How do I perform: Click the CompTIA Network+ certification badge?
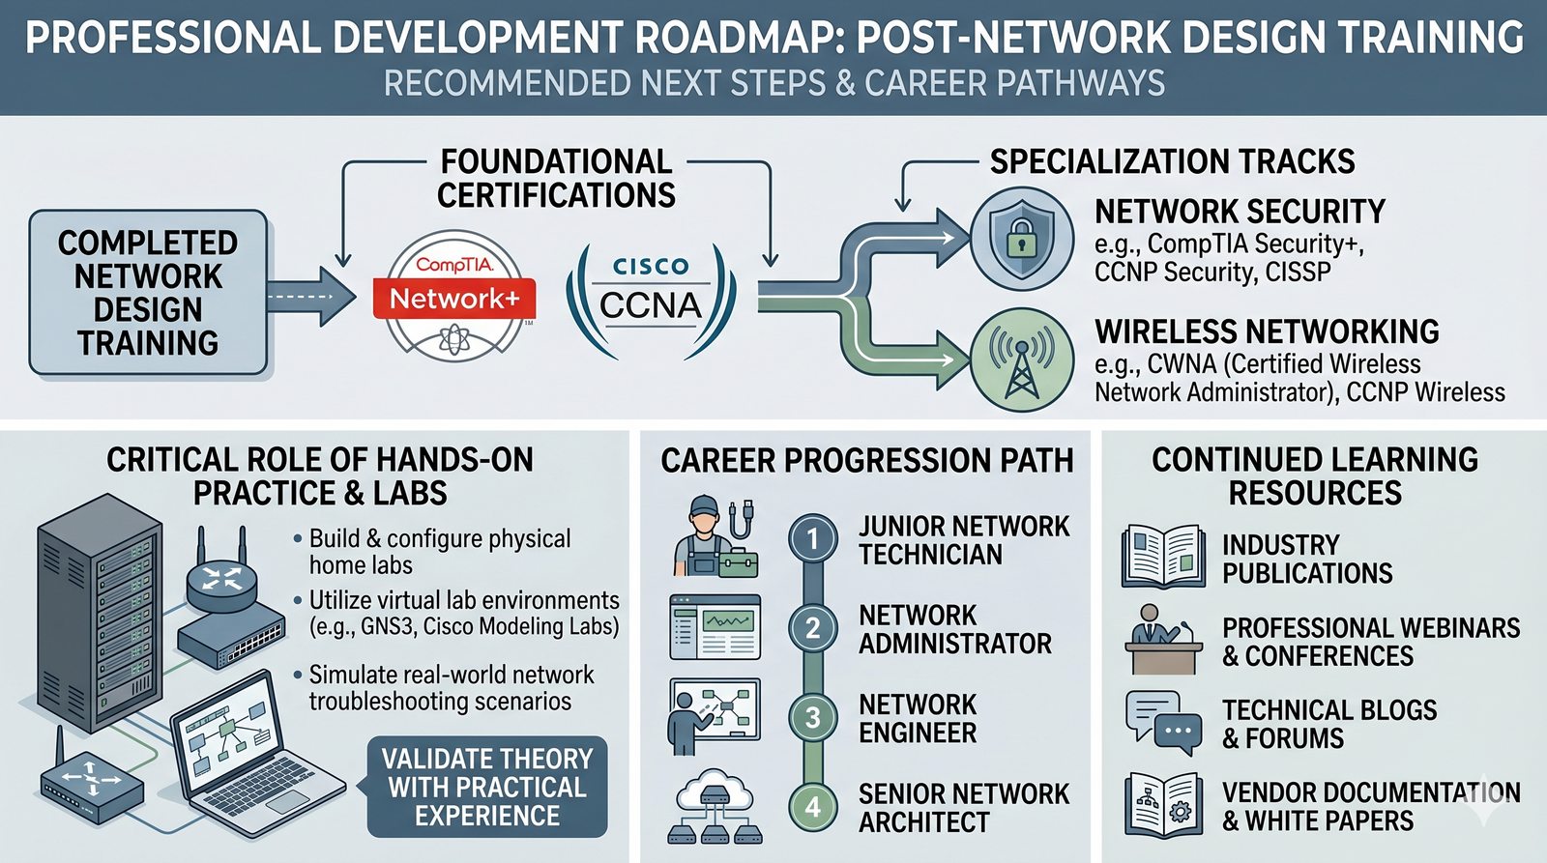click(454, 296)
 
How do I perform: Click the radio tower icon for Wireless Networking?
click(1021, 360)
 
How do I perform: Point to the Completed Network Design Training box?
click(148, 292)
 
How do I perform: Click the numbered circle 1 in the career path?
click(812, 539)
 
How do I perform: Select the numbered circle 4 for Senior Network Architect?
click(812, 807)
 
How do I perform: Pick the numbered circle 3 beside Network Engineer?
click(812, 717)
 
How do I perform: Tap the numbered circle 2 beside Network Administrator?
click(812, 628)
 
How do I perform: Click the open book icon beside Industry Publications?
click(1163, 557)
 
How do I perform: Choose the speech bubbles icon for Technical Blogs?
click(1163, 722)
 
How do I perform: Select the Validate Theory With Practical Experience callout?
click(487, 787)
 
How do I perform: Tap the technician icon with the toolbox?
click(714, 538)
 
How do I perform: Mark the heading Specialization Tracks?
click(1172, 161)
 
